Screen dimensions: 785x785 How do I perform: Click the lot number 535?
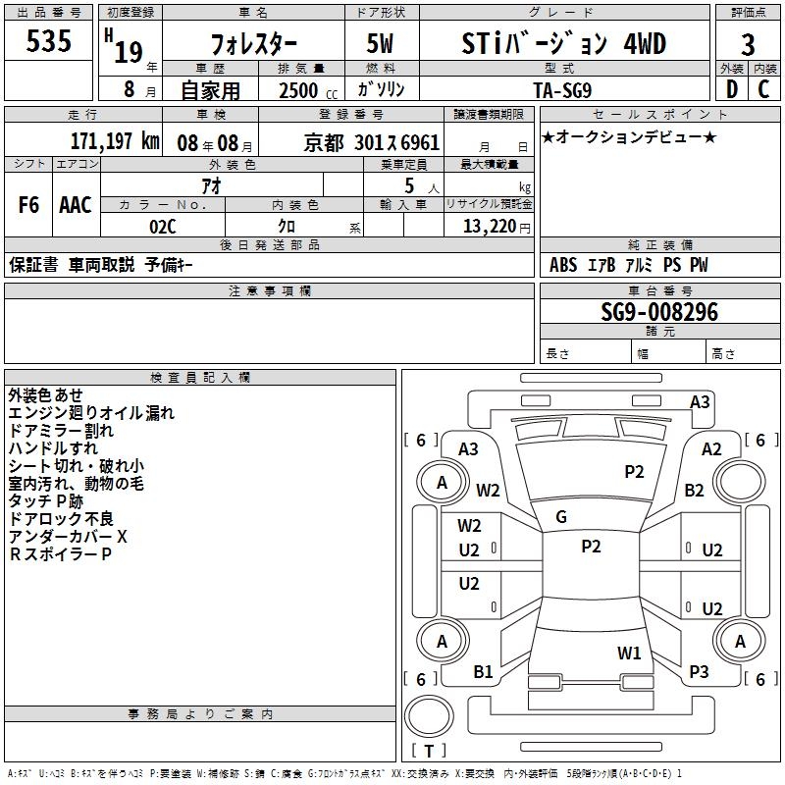coord(48,42)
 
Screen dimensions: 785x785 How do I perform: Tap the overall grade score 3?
coord(748,44)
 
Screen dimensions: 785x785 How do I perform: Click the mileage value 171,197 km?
coord(115,141)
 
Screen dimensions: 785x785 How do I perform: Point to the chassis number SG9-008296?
coord(659,313)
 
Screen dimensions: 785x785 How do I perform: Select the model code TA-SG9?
coord(563,89)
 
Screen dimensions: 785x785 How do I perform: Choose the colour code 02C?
coord(162,225)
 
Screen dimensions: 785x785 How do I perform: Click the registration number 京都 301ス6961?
coord(372,142)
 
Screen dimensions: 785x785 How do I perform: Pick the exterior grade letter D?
coord(731,89)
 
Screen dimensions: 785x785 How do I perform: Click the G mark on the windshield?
coord(561,516)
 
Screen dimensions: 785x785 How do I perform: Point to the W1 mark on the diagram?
coord(629,653)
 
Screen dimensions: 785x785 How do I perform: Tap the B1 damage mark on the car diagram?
coord(483,671)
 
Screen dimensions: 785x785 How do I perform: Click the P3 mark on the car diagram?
coord(699,671)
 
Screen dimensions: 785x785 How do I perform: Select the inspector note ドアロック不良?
coord(61,519)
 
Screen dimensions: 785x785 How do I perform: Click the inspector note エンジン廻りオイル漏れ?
coord(91,413)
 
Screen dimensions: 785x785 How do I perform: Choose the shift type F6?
coord(29,205)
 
